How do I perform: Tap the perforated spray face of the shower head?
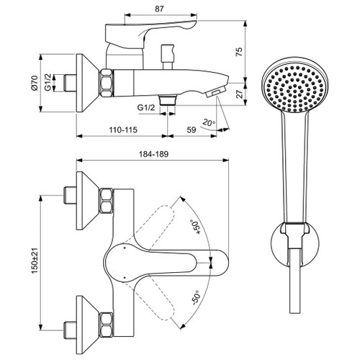pyautogui.click(x=287, y=91)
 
